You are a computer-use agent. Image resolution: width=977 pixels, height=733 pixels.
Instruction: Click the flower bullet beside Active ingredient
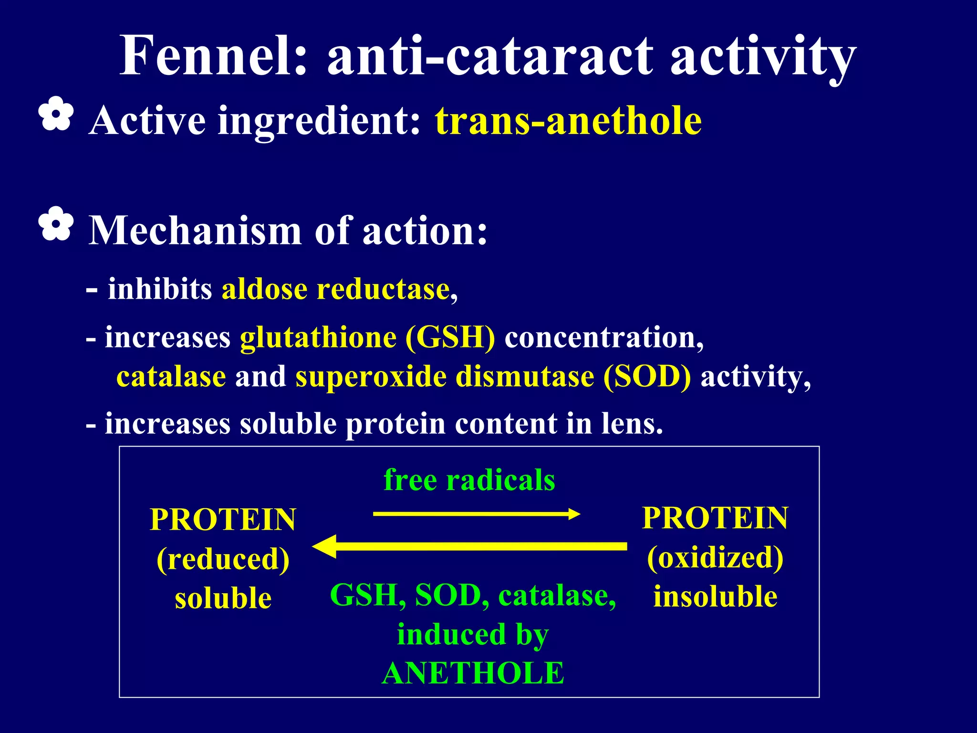point(56,114)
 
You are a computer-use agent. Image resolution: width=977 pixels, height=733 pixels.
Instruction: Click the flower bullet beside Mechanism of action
point(56,223)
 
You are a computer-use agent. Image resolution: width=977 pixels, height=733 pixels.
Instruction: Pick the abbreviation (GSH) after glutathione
point(450,337)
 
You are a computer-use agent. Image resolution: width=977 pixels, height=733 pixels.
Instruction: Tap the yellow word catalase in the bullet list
point(171,377)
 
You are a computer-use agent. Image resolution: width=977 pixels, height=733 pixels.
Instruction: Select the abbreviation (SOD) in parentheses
point(646,377)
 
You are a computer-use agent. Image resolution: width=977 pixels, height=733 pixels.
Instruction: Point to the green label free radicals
point(469,480)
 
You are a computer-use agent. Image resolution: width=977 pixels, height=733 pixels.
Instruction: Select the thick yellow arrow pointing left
point(470,546)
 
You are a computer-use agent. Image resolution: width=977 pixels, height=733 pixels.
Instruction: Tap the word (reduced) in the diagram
point(223,559)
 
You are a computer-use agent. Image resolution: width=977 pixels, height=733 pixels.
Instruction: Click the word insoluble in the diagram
point(715,597)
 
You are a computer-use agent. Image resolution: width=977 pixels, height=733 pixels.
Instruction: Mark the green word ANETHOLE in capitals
point(473,673)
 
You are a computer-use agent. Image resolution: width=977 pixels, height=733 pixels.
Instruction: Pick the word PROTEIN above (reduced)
point(223,520)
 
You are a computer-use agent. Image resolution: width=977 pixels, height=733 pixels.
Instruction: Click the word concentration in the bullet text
point(603,337)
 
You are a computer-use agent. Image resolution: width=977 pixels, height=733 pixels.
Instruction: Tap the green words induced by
point(473,635)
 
